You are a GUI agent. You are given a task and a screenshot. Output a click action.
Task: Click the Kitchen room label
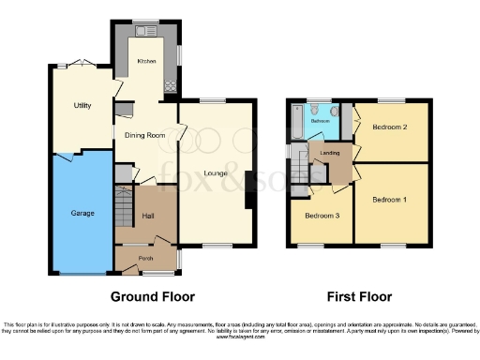pyautogui.click(x=146, y=61)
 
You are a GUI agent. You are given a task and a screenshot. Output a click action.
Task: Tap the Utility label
pyautogui.click(x=82, y=105)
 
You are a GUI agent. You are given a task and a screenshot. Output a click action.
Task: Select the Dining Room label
pyautogui.click(x=145, y=135)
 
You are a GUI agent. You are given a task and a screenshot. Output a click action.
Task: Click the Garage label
pyautogui.click(x=82, y=213)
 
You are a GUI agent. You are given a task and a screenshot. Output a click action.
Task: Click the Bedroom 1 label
pyautogui.click(x=389, y=200)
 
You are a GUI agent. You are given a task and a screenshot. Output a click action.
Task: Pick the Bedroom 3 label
pyautogui.click(x=322, y=216)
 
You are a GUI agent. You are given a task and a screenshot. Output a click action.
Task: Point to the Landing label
pyautogui.click(x=329, y=153)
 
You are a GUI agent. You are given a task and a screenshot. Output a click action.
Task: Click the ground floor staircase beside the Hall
pyautogui.click(x=123, y=202)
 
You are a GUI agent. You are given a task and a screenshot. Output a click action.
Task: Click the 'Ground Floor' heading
pyautogui.click(x=153, y=296)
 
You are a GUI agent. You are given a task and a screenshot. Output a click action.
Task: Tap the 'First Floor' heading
pyautogui.click(x=359, y=296)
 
